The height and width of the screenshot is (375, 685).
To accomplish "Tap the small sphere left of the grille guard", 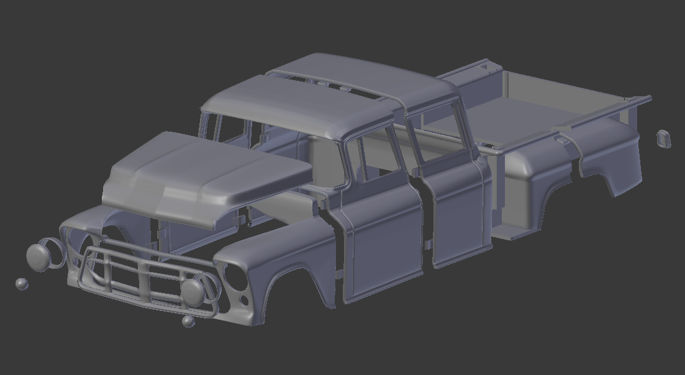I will point(22,284).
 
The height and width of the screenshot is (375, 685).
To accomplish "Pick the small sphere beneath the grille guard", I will point(188,321).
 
